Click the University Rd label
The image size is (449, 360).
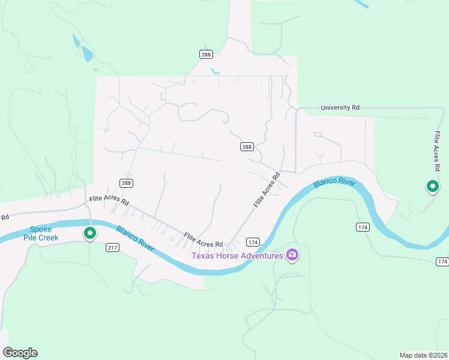click(340, 107)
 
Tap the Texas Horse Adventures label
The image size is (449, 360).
click(237, 256)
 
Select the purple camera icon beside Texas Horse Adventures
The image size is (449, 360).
click(292, 256)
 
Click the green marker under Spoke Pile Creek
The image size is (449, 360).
click(90, 233)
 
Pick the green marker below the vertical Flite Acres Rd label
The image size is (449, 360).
click(432, 187)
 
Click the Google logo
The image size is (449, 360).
click(20, 353)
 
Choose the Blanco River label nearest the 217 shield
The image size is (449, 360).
click(136, 238)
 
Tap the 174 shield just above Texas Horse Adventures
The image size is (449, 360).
click(253, 241)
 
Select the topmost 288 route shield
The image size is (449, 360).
click(206, 54)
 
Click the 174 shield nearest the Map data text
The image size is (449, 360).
click(442, 262)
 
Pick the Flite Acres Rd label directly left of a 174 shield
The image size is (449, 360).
click(203, 240)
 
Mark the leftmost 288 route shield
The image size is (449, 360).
click(125, 183)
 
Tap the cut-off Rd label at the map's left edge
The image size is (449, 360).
click(4, 217)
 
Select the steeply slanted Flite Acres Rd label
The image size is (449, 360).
click(267, 190)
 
